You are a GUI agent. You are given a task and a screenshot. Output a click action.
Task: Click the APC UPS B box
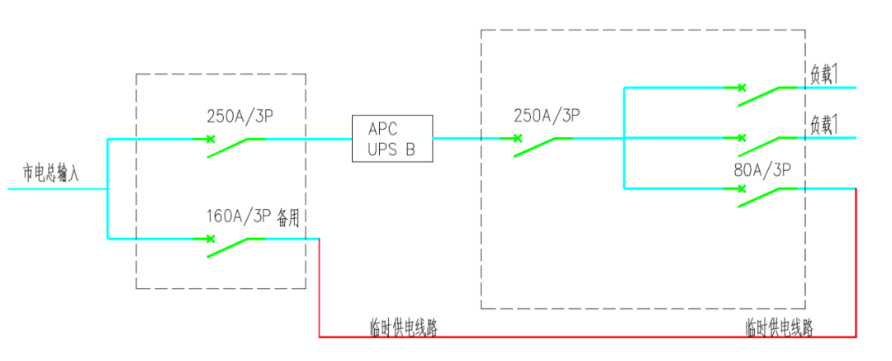[x=391, y=139]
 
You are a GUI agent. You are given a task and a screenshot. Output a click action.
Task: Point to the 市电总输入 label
[x=51, y=173]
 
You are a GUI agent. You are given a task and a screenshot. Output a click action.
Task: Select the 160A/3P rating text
[x=239, y=217]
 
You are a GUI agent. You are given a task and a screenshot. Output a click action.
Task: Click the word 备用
[x=289, y=217]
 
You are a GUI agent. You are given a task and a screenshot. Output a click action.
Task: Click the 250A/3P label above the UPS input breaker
[x=240, y=116]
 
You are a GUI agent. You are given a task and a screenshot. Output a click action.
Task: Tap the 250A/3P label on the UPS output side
[x=545, y=116]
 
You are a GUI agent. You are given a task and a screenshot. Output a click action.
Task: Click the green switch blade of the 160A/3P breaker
[x=227, y=247]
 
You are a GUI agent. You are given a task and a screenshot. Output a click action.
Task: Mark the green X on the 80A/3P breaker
[x=741, y=189]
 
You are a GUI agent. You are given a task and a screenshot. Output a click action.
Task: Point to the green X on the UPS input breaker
[x=211, y=139]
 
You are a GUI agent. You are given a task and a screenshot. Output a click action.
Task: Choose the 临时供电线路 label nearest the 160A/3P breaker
[x=404, y=327]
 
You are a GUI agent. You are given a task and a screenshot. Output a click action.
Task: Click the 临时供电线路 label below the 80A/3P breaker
[x=779, y=327]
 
